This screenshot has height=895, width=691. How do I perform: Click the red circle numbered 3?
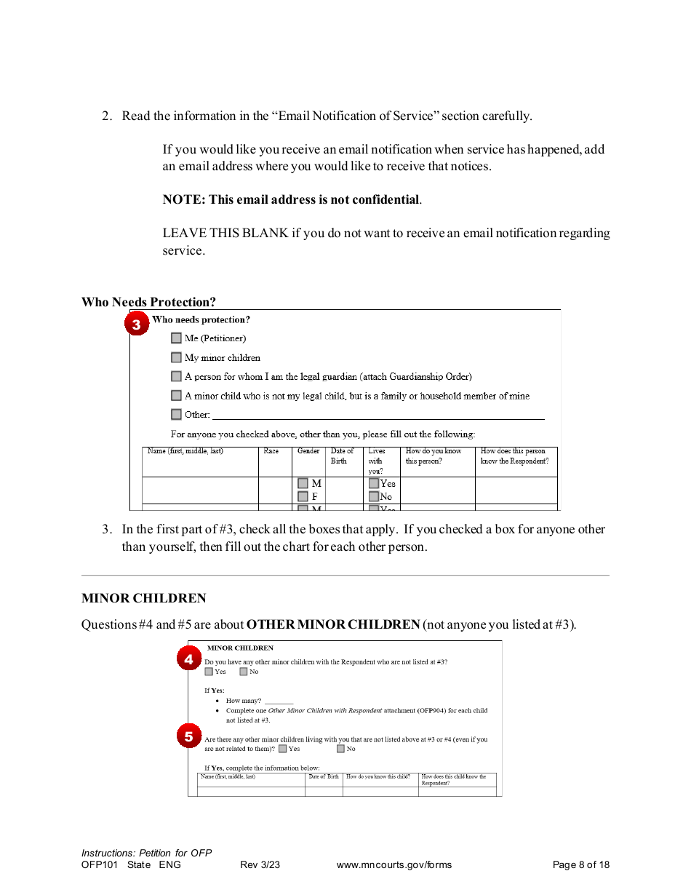(x=137, y=324)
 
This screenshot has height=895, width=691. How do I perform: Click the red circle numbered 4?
(x=189, y=659)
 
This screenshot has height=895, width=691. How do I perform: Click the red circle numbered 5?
(x=189, y=736)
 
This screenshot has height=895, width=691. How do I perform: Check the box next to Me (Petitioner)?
(x=177, y=338)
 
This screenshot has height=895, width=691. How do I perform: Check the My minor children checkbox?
(x=177, y=357)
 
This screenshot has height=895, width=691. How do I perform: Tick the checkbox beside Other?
(x=177, y=415)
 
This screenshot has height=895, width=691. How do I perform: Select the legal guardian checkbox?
(x=177, y=376)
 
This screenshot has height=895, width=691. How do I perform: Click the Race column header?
(x=271, y=451)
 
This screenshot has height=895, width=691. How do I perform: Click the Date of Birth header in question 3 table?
(x=342, y=456)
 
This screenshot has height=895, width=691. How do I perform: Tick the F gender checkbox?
(x=303, y=497)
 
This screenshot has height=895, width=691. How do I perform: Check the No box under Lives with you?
(x=374, y=497)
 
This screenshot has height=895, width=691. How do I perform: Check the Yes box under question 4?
(x=209, y=672)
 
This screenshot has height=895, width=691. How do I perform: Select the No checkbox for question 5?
(x=340, y=749)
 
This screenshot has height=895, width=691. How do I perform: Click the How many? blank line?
(x=279, y=701)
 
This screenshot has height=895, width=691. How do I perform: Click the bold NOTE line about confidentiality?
(x=292, y=199)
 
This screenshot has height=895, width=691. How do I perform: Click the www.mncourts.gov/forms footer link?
(x=394, y=865)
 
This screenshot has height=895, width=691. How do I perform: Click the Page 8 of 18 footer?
(x=580, y=865)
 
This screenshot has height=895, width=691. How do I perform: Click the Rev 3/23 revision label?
(x=260, y=865)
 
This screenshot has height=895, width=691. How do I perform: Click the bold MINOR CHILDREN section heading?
(x=144, y=598)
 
